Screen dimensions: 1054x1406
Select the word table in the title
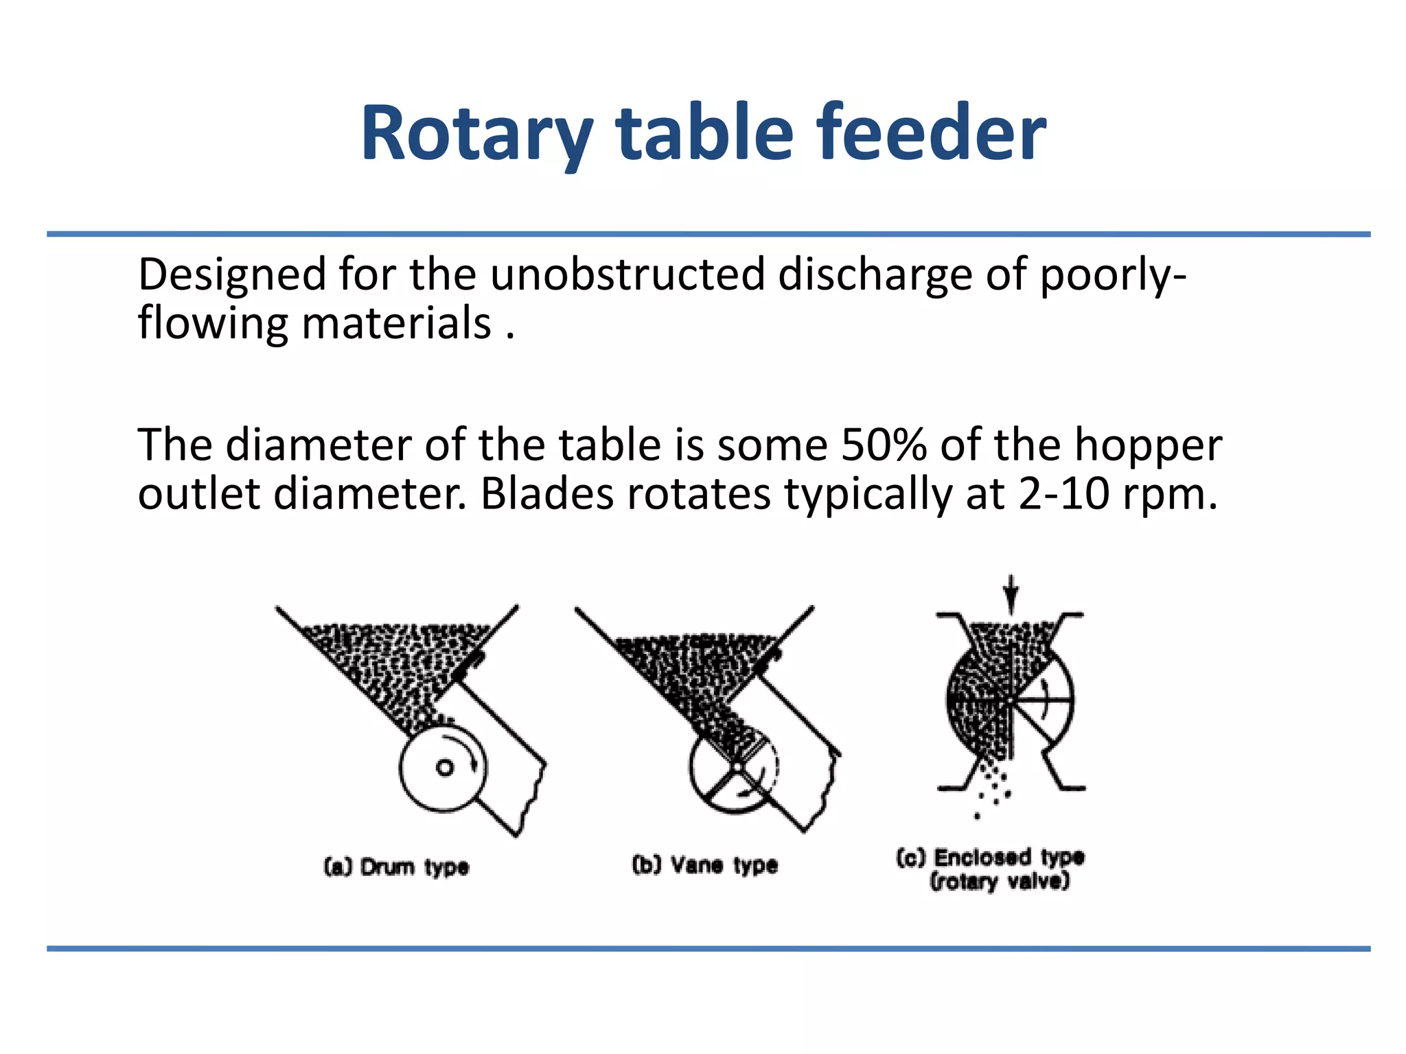tap(704, 134)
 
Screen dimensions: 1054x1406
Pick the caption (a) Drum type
tap(396, 867)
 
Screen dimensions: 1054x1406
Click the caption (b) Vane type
tap(704, 865)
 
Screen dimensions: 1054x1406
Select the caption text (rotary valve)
tap(1000, 881)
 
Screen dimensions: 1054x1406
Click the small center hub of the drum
tap(445, 767)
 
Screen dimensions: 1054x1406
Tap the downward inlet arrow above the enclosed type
tap(1010, 594)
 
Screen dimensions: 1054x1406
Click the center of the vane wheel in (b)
tap(735, 768)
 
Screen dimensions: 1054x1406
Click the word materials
tap(396, 323)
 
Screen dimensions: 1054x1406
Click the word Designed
tap(231, 274)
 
